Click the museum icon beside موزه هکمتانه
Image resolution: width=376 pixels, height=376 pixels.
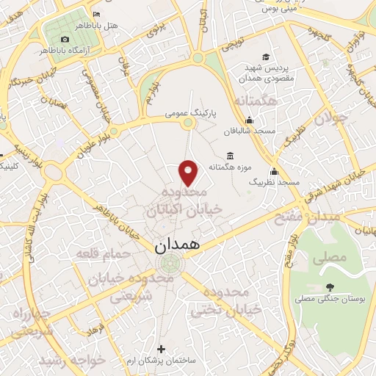tap(231, 156)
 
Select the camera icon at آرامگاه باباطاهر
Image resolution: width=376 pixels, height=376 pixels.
tap(65, 37)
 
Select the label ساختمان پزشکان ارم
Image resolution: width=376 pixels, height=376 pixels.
tap(162, 361)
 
